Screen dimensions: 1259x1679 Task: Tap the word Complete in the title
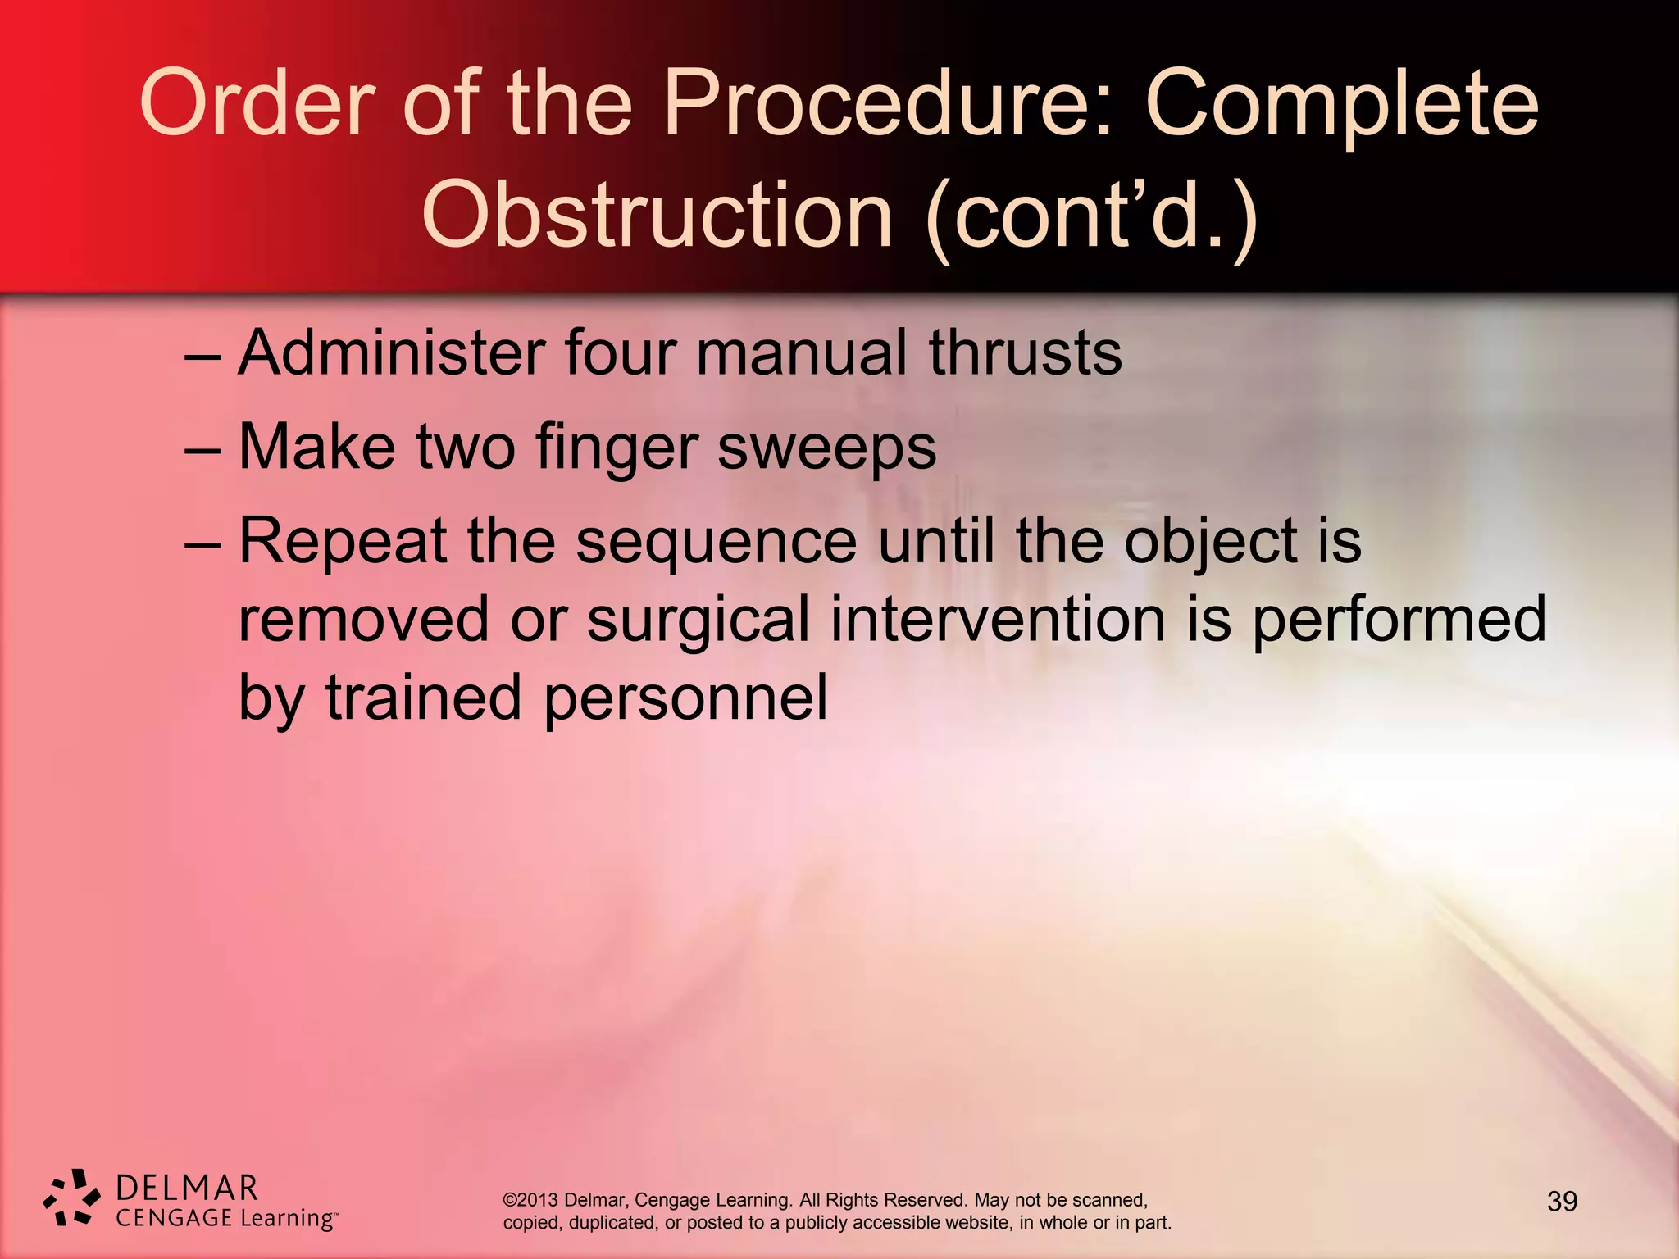pyautogui.click(x=1341, y=105)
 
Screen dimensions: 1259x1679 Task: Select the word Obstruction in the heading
pyautogui.click(x=657, y=215)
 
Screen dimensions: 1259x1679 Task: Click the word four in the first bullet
pyautogui.click(x=621, y=352)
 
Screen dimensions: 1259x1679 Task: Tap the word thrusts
pyautogui.click(x=1025, y=352)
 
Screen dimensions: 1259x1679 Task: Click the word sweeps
pyautogui.click(x=826, y=448)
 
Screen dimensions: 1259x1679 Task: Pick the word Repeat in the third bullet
pyautogui.click(x=343, y=541)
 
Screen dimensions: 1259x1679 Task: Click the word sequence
pyautogui.click(x=716, y=543)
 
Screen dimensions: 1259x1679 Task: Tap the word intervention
pyautogui.click(x=998, y=620)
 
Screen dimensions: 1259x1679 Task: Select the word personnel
pyautogui.click(x=685, y=698)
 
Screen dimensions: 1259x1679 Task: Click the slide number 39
pyautogui.click(x=1562, y=1202)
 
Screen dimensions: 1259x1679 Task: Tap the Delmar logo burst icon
pyautogui.click(x=71, y=1198)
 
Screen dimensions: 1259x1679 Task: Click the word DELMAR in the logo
pyautogui.click(x=187, y=1188)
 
